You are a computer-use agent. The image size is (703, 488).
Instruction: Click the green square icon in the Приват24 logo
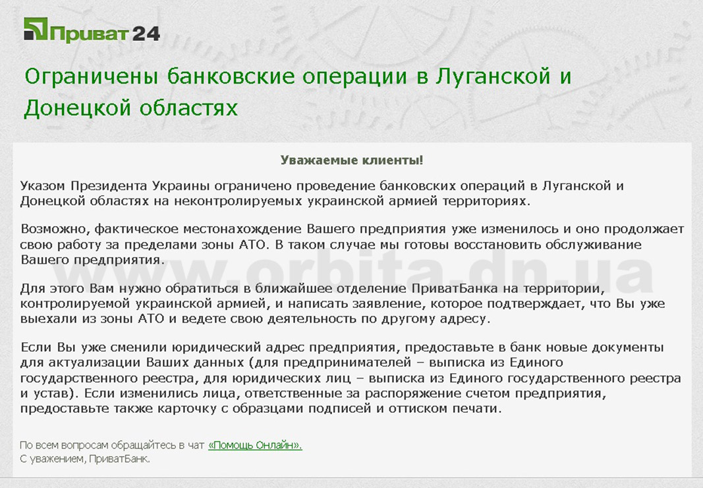click(x=36, y=29)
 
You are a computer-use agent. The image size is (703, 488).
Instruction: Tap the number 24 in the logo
click(x=146, y=34)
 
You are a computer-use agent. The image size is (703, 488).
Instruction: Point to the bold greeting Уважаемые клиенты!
click(x=352, y=160)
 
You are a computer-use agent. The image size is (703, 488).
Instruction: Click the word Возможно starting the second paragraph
click(x=54, y=229)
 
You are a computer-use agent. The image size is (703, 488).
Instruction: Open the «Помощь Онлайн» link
click(x=255, y=445)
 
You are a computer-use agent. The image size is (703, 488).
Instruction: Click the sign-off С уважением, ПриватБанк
click(x=85, y=459)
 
